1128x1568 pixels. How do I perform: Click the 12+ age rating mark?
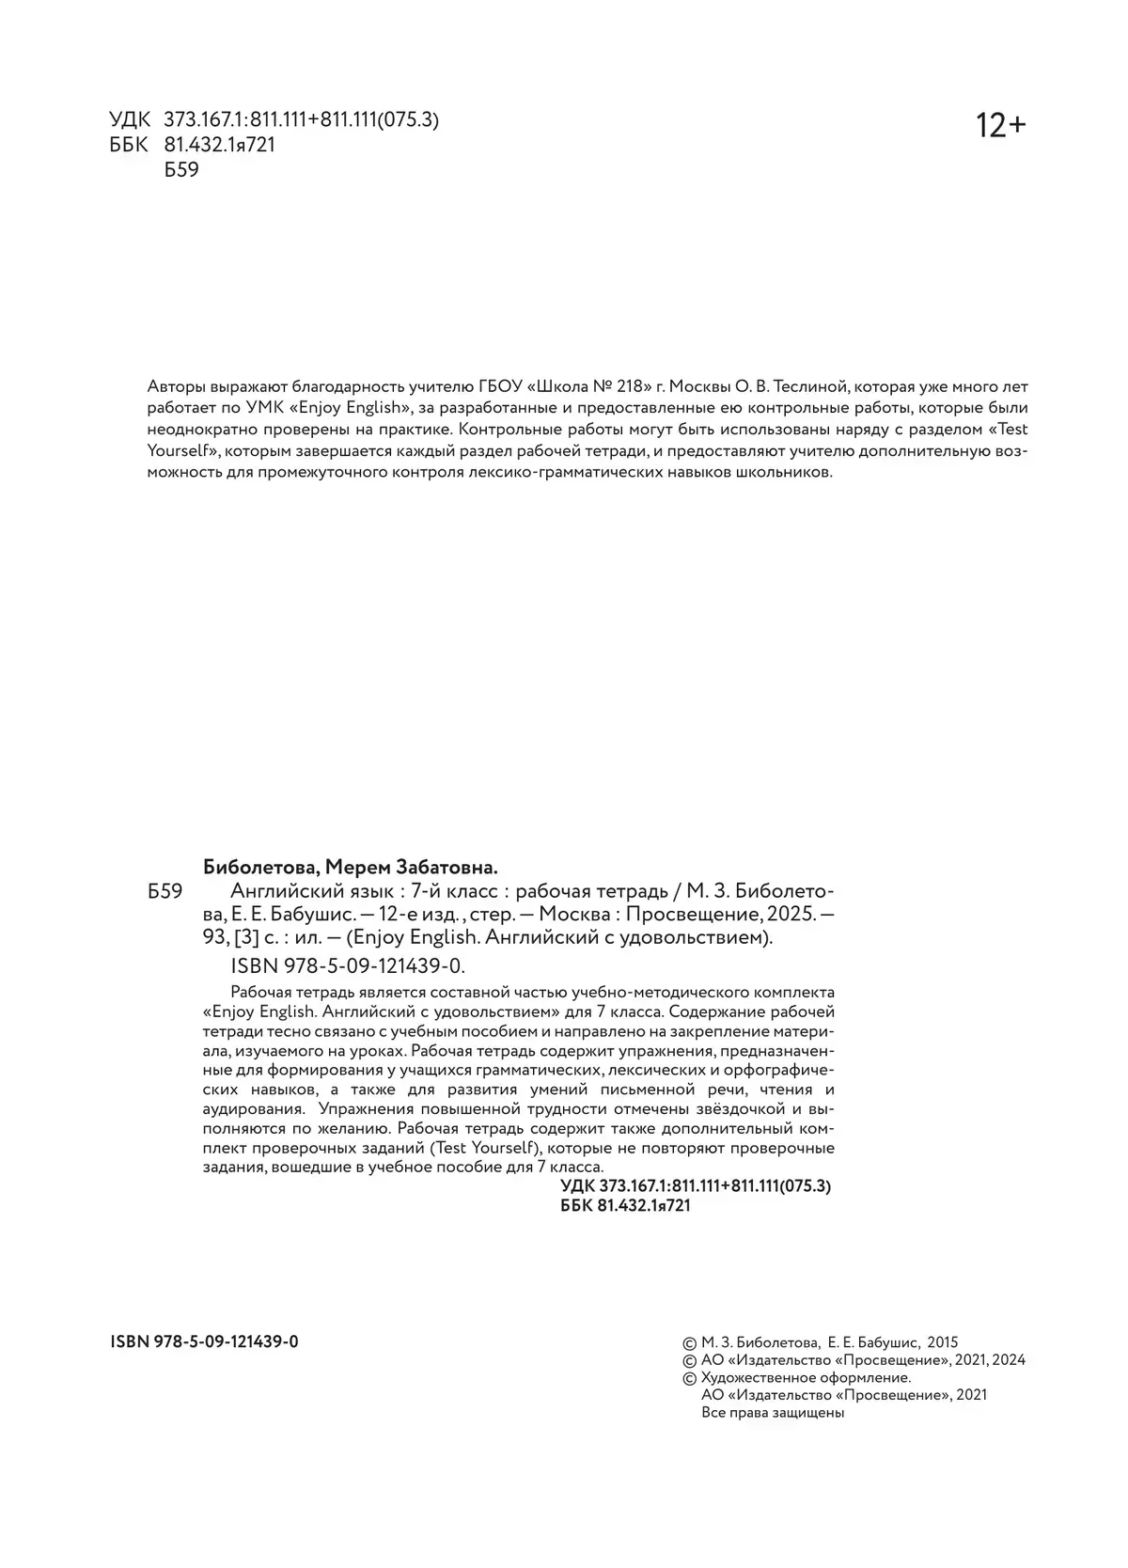tap(1001, 125)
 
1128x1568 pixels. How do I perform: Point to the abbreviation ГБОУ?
tap(501, 386)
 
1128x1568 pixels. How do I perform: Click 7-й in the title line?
tap(431, 891)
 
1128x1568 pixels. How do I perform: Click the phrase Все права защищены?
tap(773, 1413)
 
